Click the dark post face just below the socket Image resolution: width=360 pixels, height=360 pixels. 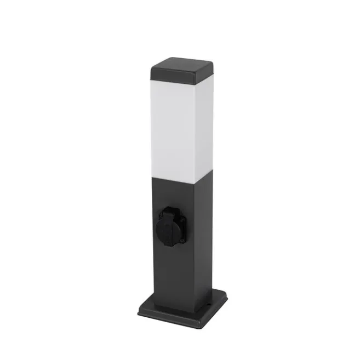coord(172,268)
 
